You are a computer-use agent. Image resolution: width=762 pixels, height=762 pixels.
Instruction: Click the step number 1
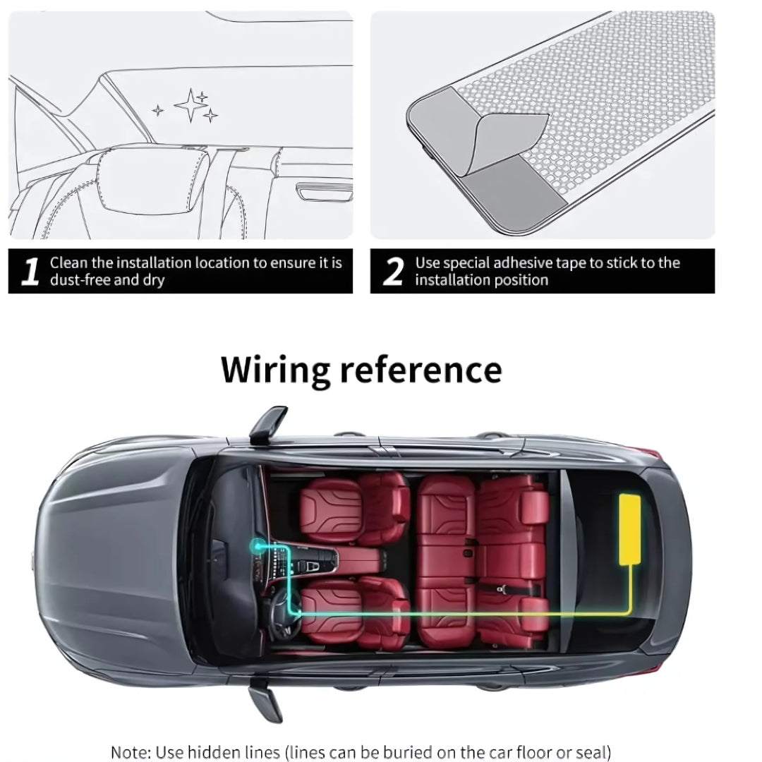pos(30,272)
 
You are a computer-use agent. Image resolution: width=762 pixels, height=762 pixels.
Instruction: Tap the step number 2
pos(392,272)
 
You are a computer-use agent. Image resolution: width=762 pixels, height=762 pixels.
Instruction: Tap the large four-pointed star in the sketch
pos(189,106)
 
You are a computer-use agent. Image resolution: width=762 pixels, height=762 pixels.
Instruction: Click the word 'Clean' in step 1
pos(68,263)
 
